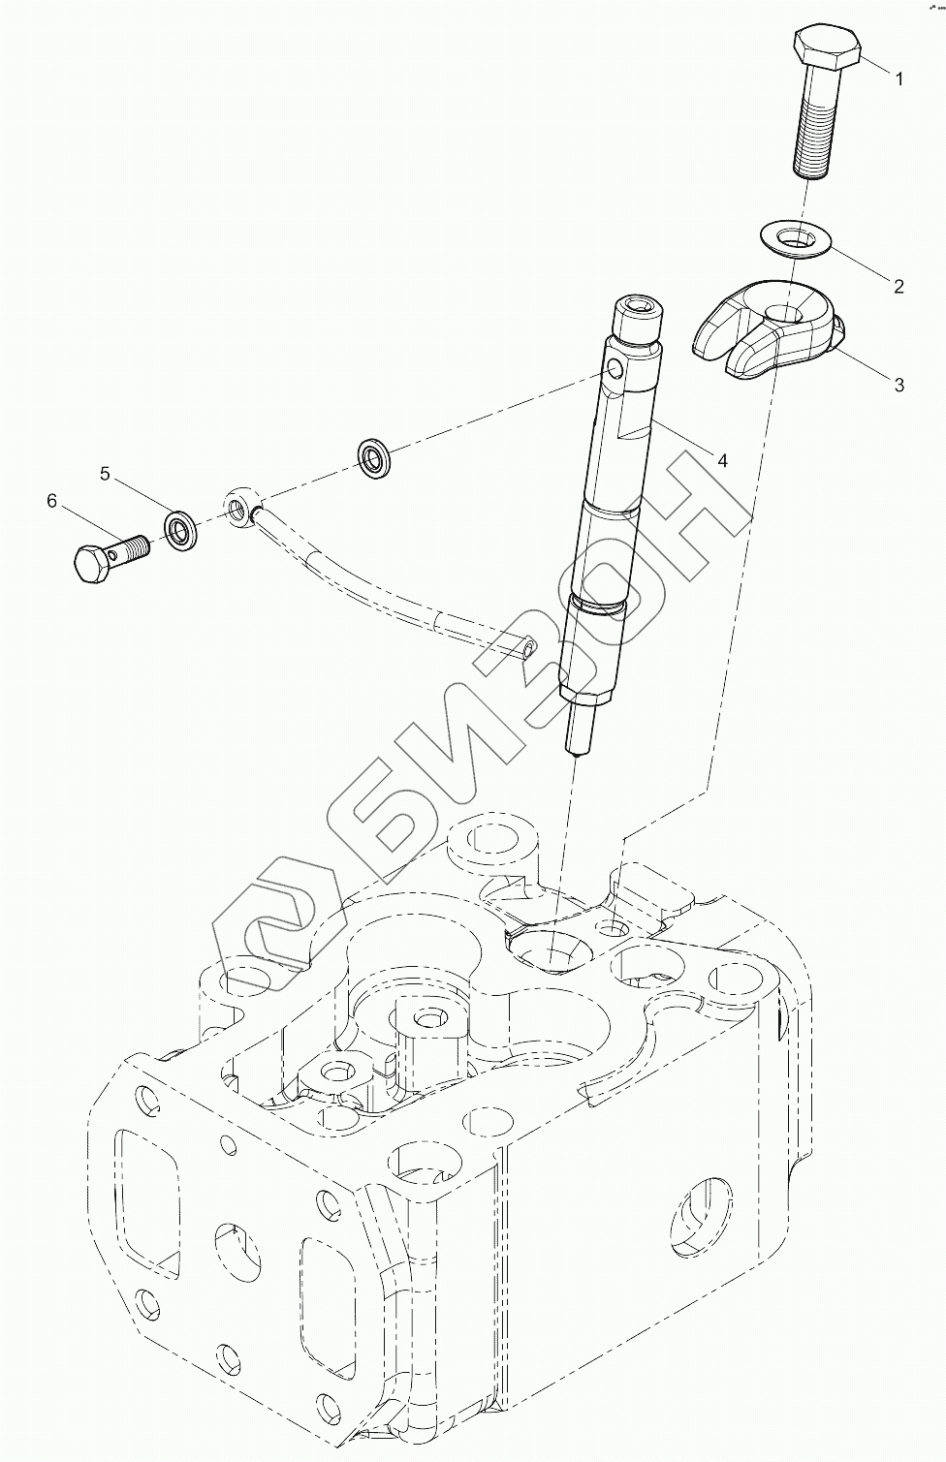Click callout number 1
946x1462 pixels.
(x=899, y=79)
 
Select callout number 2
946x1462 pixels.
(x=899, y=286)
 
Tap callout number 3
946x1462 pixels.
(x=899, y=385)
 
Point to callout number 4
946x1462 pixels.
(x=721, y=460)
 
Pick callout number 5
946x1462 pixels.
(x=106, y=474)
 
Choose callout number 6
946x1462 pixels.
(x=52, y=501)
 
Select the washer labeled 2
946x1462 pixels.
(x=793, y=237)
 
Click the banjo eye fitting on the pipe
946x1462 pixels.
(x=239, y=506)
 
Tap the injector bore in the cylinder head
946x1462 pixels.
(x=549, y=947)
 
